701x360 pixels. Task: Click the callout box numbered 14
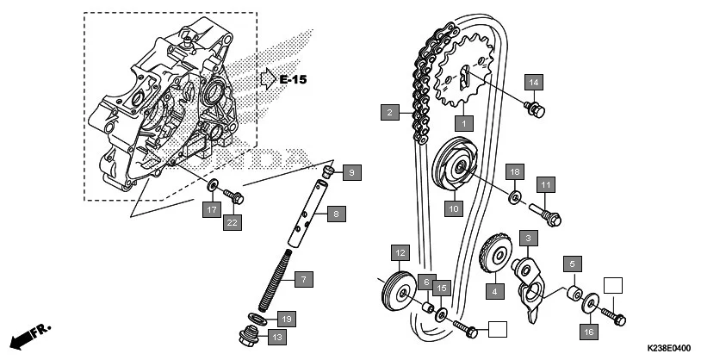tap(534, 82)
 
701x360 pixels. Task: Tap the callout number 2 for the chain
tap(390, 112)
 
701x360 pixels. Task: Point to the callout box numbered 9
tap(351, 173)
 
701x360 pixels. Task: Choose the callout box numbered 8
tap(337, 212)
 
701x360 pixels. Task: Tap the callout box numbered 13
tap(276, 337)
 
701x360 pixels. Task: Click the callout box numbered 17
tap(210, 208)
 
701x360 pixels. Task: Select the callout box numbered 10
tap(453, 208)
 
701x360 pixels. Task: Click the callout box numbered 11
tap(546, 184)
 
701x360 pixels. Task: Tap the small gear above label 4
tap(492, 254)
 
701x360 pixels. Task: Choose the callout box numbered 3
tap(528, 236)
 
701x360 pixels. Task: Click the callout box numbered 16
tap(589, 331)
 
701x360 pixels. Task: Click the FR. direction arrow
tap(31, 335)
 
